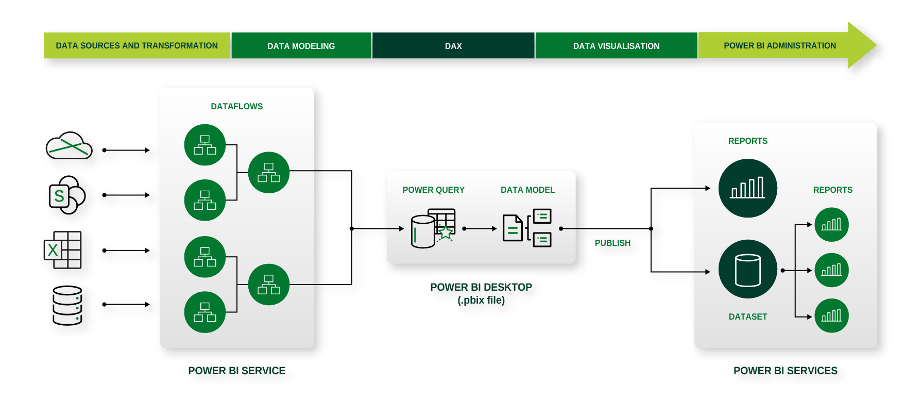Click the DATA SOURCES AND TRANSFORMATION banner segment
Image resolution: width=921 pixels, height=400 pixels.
137,46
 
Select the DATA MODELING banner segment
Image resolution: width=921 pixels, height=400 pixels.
301,46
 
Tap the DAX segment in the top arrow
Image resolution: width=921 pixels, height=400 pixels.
453,46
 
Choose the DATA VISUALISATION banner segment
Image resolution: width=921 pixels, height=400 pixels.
616,46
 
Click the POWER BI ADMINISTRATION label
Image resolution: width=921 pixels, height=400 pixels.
779,46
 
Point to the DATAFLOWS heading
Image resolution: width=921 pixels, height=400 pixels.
236,106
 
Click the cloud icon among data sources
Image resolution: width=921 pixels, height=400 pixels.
69,145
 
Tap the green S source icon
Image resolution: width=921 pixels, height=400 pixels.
59,196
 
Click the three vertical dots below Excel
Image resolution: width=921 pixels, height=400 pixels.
77,308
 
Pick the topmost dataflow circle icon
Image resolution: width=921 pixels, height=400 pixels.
205,145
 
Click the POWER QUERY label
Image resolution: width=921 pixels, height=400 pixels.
433,190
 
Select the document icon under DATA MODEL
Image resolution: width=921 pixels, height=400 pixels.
513,228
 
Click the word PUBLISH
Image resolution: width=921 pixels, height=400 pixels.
612,243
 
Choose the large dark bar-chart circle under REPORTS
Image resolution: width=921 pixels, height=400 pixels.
747,188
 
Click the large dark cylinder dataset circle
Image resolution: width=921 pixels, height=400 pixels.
747,269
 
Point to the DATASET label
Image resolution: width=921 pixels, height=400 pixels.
747,316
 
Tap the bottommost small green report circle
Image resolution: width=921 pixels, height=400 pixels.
831,315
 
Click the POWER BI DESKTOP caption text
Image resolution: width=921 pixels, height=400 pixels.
481,287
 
